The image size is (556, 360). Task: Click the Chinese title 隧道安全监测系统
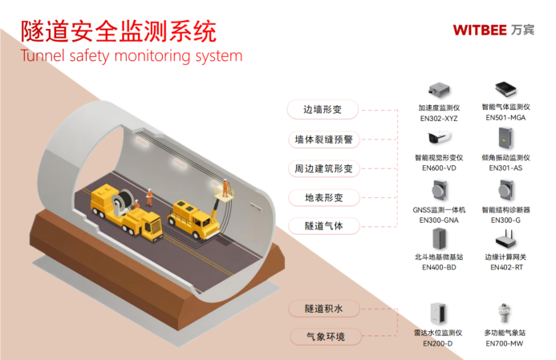click(x=119, y=31)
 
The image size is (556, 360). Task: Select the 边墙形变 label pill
click(x=323, y=110)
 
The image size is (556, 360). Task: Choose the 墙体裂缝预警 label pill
click(x=323, y=139)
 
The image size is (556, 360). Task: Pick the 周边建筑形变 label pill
click(x=323, y=168)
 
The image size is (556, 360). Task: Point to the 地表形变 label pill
click(x=323, y=197)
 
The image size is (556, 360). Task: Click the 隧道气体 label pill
click(x=323, y=226)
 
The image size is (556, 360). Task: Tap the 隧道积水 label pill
click(x=323, y=308)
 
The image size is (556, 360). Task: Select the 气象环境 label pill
click(x=323, y=337)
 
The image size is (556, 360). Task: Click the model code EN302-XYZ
click(x=439, y=117)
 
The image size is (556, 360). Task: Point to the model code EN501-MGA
click(x=505, y=117)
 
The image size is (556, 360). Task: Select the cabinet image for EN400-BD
click(x=438, y=239)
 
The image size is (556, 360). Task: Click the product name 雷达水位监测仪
click(x=438, y=332)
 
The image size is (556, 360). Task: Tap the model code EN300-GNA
click(x=438, y=219)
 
